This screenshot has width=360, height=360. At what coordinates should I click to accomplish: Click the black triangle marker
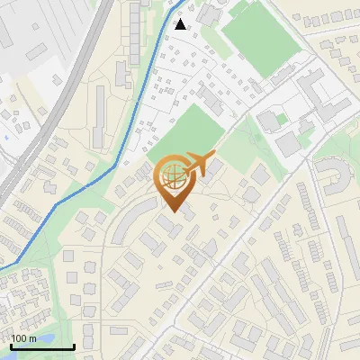(181, 24)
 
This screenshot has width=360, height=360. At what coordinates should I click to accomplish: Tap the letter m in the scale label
(33, 338)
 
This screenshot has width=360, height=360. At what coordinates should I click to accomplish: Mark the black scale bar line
(41, 346)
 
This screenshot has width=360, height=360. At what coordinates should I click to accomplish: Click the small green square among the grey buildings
(281, 119)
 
